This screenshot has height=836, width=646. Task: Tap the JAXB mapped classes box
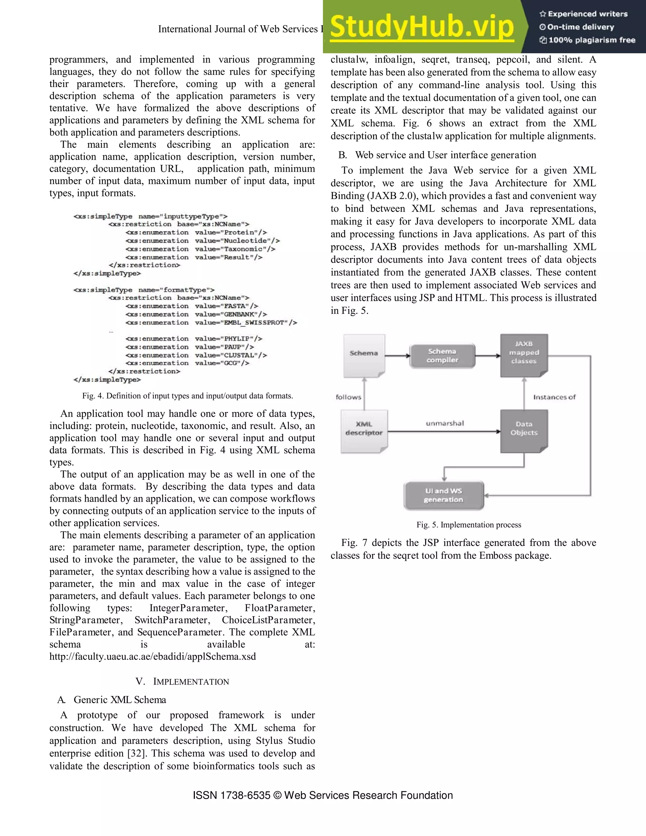[x=524, y=354]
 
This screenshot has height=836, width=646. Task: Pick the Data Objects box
[x=524, y=429]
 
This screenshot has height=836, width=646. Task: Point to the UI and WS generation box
[x=443, y=495]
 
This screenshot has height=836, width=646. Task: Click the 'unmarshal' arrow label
[x=445, y=423]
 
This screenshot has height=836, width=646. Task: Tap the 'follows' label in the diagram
[x=348, y=397]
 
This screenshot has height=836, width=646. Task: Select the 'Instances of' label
[x=554, y=397]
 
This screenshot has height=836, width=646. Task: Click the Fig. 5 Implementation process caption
[x=468, y=525]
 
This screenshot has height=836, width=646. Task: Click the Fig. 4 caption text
[x=188, y=396]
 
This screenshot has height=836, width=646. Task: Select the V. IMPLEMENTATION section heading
[x=182, y=682]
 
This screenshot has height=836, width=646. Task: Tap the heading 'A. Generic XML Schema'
[x=112, y=700]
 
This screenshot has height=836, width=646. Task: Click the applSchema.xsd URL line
[x=152, y=656]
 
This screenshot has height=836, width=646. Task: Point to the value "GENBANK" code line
[x=196, y=314]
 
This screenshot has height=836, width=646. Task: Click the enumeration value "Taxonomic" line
[x=200, y=249]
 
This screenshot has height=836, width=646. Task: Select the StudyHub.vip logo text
[x=421, y=27]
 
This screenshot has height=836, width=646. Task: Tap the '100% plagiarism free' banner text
[x=587, y=40]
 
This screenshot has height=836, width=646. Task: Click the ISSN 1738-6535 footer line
[x=323, y=795]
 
